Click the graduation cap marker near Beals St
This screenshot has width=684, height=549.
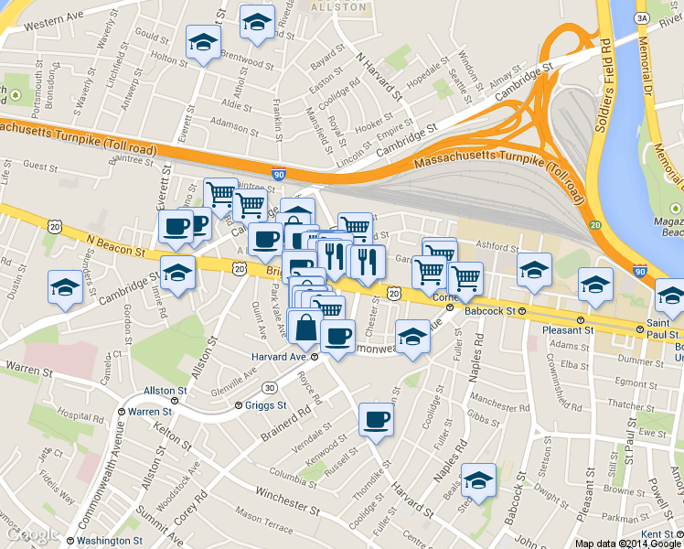click(478, 479)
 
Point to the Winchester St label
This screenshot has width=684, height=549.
click(288, 497)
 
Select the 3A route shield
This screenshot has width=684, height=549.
click(642, 17)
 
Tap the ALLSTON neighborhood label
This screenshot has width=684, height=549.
click(337, 6)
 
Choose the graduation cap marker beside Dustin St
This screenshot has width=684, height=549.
click(64, 288)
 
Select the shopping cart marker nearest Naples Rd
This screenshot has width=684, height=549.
click(465, 276)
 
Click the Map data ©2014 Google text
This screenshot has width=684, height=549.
click(628, 544)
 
